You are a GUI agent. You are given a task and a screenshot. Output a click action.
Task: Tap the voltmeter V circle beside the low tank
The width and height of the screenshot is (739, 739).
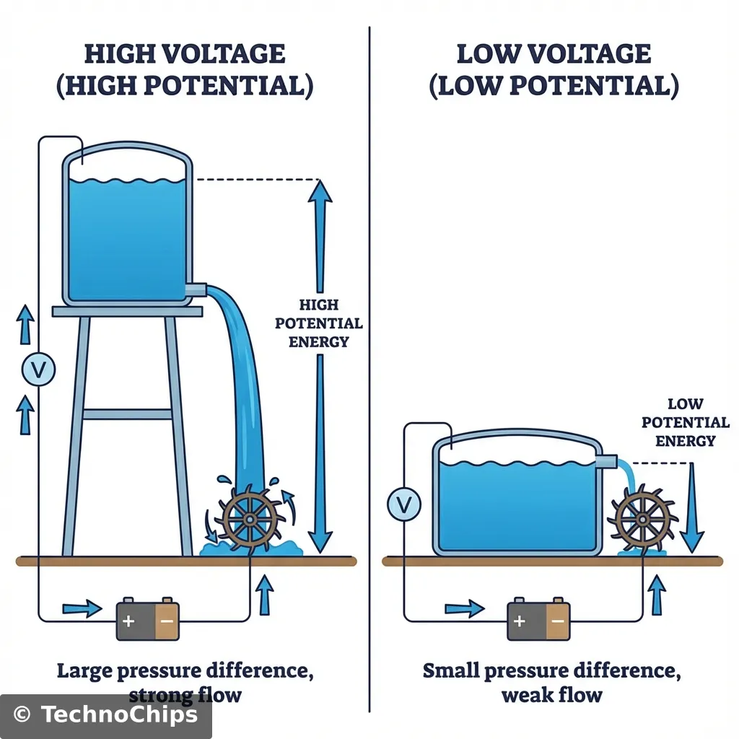(x=403, y=504)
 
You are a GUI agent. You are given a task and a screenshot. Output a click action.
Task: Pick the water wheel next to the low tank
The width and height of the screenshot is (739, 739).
(x=641, y=517)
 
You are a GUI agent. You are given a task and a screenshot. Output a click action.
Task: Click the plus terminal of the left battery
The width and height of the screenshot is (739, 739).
(x=128, y=620)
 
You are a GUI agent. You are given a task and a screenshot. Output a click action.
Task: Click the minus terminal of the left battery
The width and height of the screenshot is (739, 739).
(x=167, y=620)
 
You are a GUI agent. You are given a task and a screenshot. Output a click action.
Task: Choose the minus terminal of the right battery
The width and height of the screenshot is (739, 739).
(x=558, y=620)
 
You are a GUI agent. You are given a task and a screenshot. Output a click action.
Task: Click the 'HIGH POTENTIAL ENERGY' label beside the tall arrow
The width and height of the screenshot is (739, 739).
(x=318, y=323)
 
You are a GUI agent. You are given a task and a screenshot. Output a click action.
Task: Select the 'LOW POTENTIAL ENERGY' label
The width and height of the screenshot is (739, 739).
(x=685, y=422)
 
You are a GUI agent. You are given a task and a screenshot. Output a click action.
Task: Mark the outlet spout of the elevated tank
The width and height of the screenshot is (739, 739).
(x=196, y=289)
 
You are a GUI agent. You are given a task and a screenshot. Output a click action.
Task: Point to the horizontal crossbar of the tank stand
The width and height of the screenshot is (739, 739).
(x=127, y=414)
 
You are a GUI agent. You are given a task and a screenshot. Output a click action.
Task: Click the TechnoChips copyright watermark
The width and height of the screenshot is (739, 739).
(x=105, y=714)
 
